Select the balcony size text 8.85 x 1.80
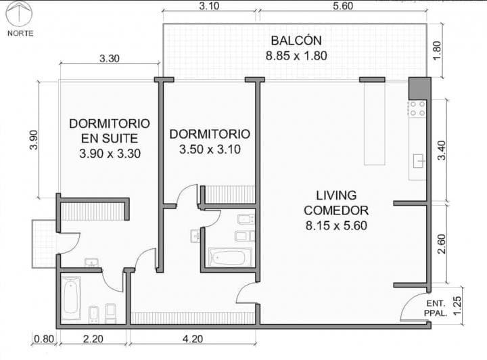pos(296,55)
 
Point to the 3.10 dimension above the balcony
pos(210,5)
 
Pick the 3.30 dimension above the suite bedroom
pos(109,58)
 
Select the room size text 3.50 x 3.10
pos(209,149)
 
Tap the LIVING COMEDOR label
pos(335,202)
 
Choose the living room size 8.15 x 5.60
pos(335,225)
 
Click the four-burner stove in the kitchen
pos(417,108)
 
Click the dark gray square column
pos(419,88)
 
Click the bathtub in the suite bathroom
pos(71,298)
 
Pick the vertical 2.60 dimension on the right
pos(442,243)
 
